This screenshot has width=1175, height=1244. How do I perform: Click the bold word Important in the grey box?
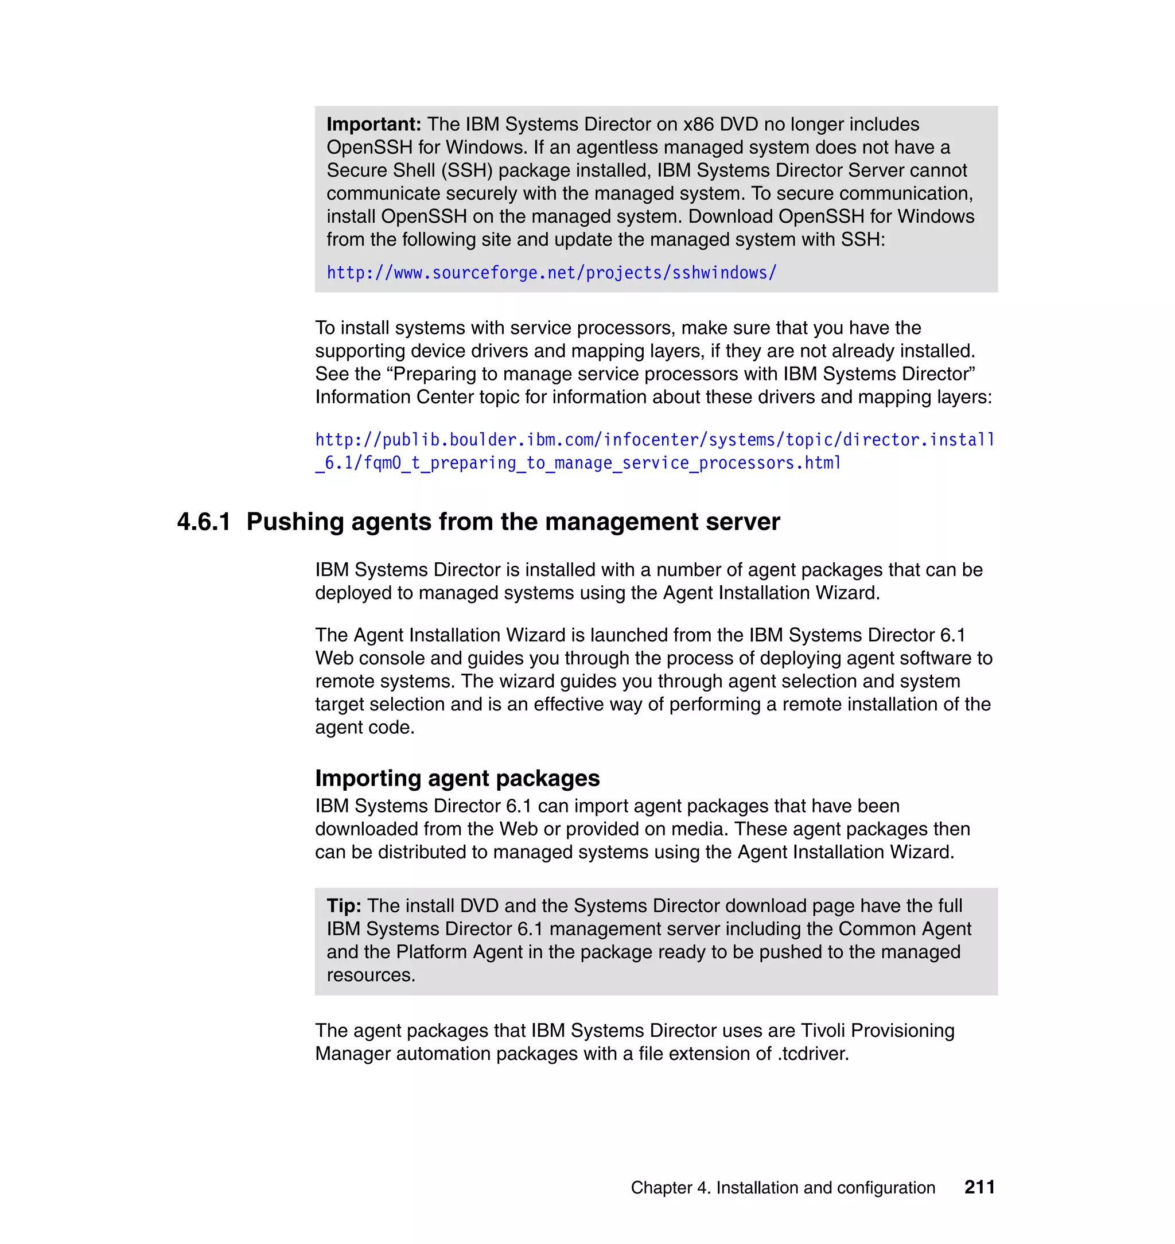[x=373, y=125]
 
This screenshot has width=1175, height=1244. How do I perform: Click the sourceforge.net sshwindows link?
[x=551, y=273]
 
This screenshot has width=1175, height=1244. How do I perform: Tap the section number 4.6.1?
[x=204, y=522]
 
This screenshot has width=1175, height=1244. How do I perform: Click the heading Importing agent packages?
[x=457, y=778]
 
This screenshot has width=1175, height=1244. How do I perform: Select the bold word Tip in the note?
[x=343, y=906]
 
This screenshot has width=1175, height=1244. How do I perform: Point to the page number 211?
[x=979, y=1187]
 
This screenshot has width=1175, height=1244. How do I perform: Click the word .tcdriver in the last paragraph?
[x=813, y=1053]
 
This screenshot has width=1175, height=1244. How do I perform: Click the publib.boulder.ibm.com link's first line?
[x=655, y=440]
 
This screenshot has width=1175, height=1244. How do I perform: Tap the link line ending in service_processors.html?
[x=578, y=463]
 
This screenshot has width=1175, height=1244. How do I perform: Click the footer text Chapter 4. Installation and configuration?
[x=783, y=1188]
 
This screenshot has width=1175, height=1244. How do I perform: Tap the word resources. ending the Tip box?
[x=371, y=975]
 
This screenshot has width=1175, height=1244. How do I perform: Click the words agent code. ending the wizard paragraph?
[x=364, y=727]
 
